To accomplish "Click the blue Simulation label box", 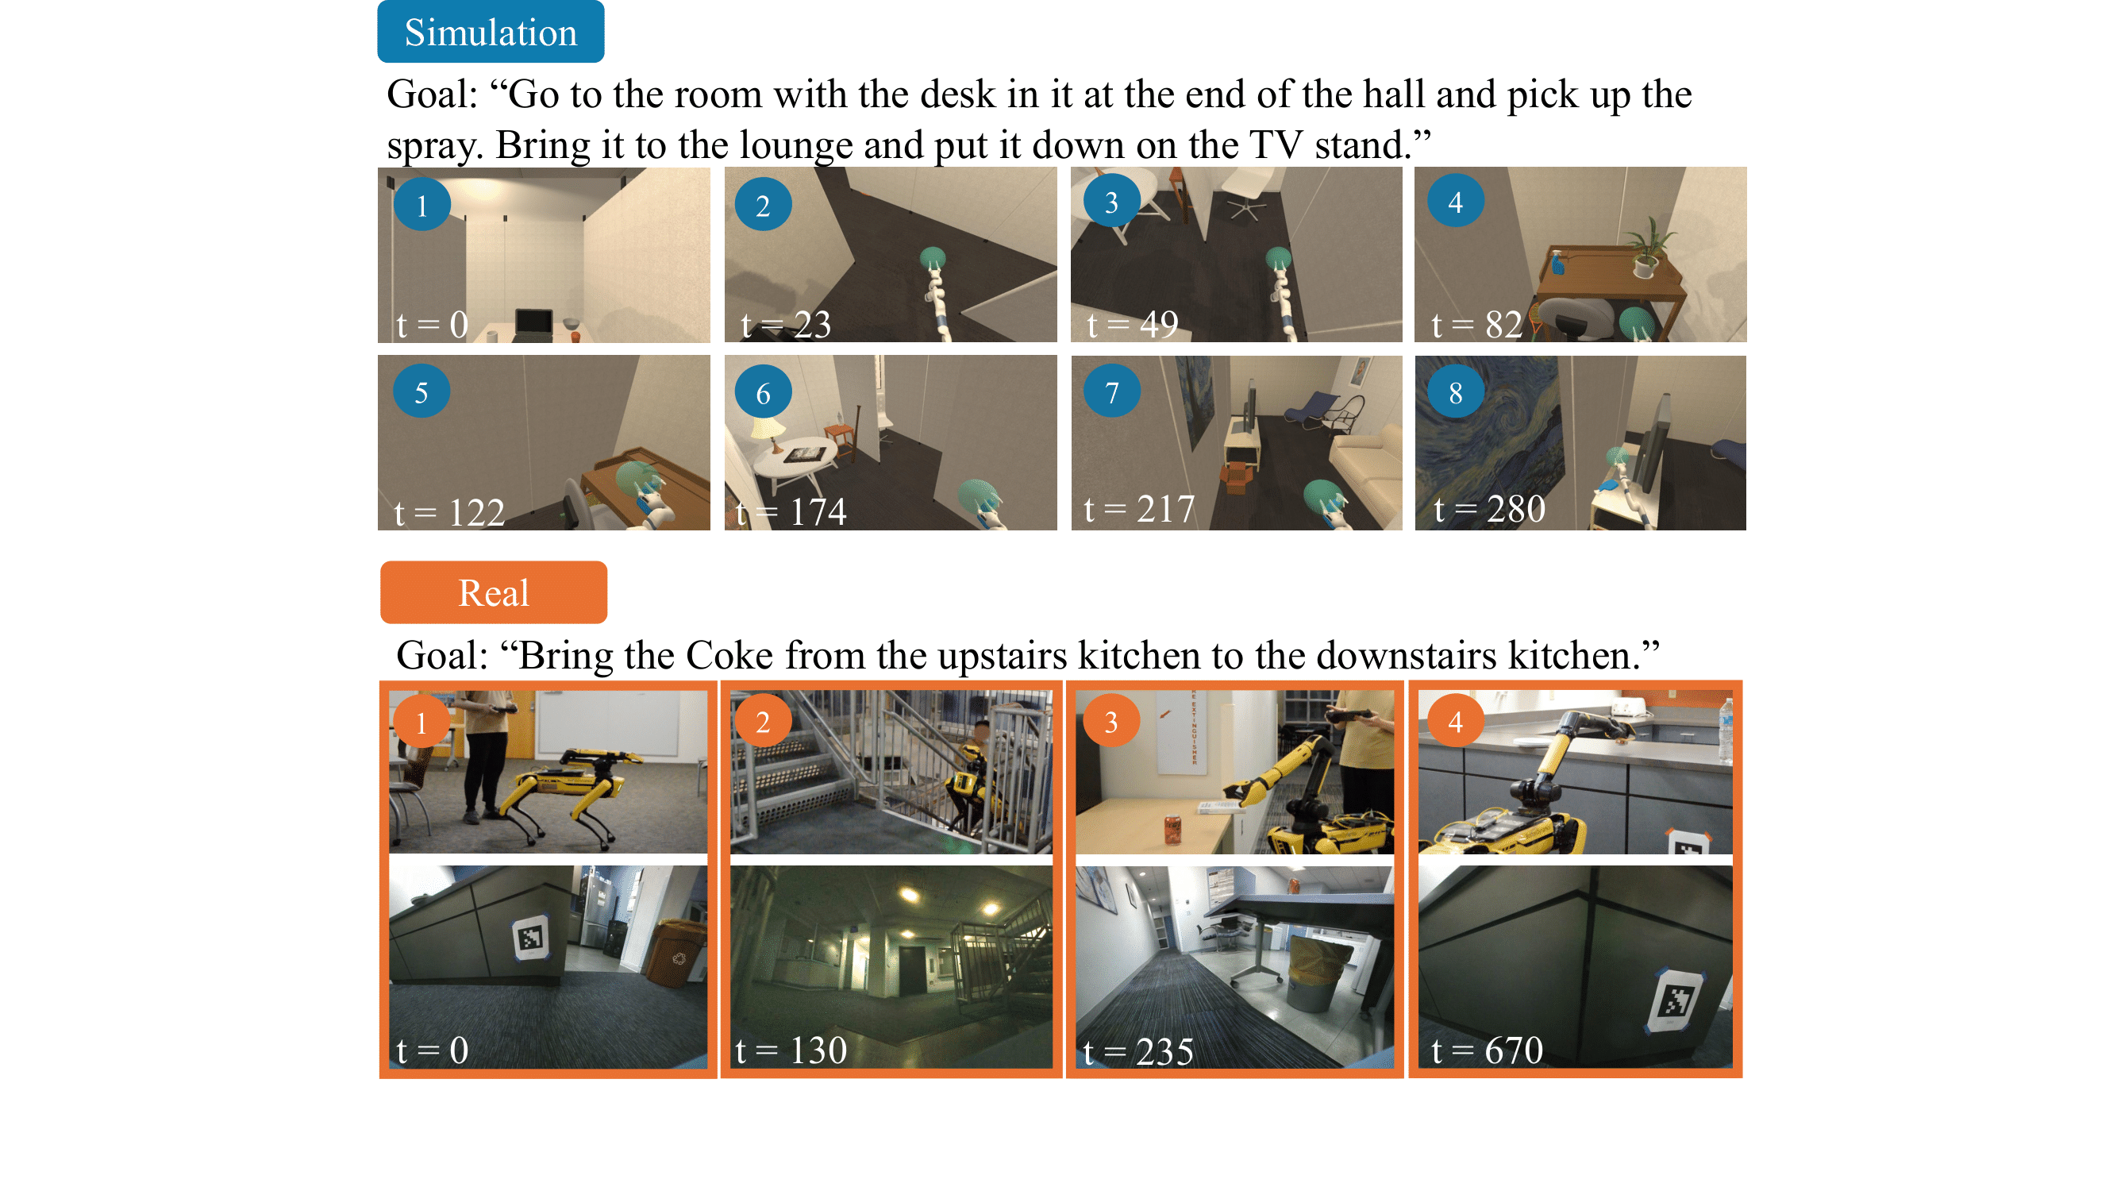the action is click(491, 31).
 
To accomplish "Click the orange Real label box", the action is click(493, 592).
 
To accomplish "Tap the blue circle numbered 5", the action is click(421, 391).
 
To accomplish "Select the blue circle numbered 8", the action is click(1456, 392).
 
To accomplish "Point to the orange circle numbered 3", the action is click(1111, 721).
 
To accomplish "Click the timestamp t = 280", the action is click(1489, 509).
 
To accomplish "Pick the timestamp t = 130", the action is click(791, 1050).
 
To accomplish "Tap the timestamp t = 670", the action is click(1487, 1050).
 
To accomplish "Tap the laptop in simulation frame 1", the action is click(533, 324).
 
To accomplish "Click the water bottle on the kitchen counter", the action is click(1725, 729).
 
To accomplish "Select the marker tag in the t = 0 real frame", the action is click(531, 938).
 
